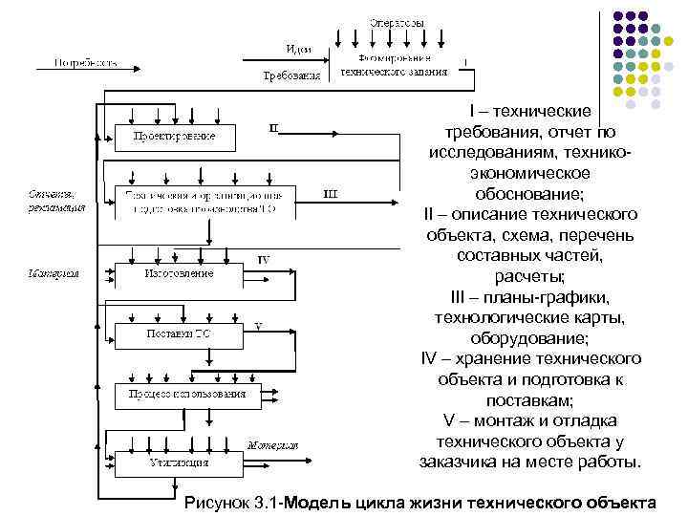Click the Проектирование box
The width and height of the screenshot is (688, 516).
pyautogui.click(x=174, y=137)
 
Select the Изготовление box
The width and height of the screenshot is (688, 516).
pyautogui.click(x=179, y=273)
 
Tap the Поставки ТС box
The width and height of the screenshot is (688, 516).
pyautogui.click(x=178, y=333)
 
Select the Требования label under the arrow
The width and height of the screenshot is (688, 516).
pyautogui.click(x=291, y=75)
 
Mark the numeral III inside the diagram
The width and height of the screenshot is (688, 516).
pyautogui.click(x=329, y=194)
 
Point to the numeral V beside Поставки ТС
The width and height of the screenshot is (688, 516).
pyautogui.click(x=258, y=326)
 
